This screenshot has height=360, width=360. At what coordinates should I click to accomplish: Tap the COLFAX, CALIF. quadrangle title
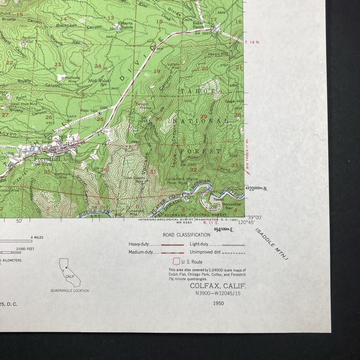click(218, 286)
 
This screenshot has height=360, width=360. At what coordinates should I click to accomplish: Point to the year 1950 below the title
click(218, 303)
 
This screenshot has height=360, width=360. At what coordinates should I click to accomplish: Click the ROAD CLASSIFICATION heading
click(186, 235)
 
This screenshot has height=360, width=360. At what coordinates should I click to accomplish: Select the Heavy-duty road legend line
click(172, 244)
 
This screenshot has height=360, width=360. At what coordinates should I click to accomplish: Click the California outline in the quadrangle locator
click(69, 272)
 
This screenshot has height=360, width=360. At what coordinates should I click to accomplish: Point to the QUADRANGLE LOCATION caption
click(70, 291)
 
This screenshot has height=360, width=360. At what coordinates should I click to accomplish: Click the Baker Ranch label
click(199, 25)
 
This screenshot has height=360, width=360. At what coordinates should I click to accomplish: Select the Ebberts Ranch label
click(125, 25)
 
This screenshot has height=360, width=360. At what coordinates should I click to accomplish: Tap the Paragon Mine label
click(142, 105)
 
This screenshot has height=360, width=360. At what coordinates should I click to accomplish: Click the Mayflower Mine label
click(69, 79)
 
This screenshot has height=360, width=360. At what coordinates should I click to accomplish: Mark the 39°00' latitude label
click(254, 217)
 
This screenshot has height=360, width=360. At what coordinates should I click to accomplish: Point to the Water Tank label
click(89, 111)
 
